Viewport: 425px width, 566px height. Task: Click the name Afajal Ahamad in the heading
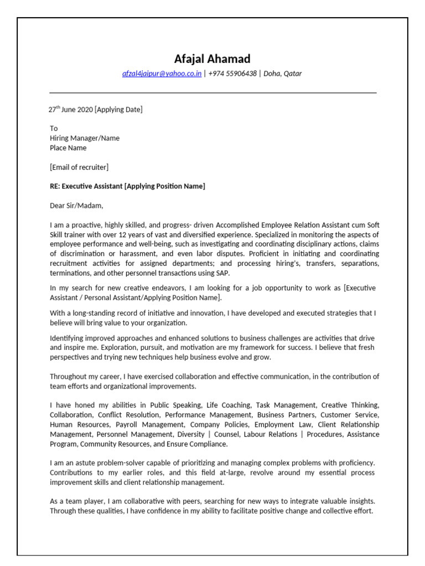pos(212,59)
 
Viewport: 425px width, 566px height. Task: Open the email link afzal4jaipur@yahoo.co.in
pos(162,74)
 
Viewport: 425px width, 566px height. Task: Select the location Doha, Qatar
pos(283,74)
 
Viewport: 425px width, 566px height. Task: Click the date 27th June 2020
pos(71,109)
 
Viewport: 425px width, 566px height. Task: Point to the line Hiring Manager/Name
pos(84,138)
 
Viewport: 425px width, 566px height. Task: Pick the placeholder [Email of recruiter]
pos(79,167)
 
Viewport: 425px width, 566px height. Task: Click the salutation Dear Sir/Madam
pos(76,206)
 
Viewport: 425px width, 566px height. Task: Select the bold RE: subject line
pos(127,186)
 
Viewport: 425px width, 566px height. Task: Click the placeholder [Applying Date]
pos(118,109)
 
